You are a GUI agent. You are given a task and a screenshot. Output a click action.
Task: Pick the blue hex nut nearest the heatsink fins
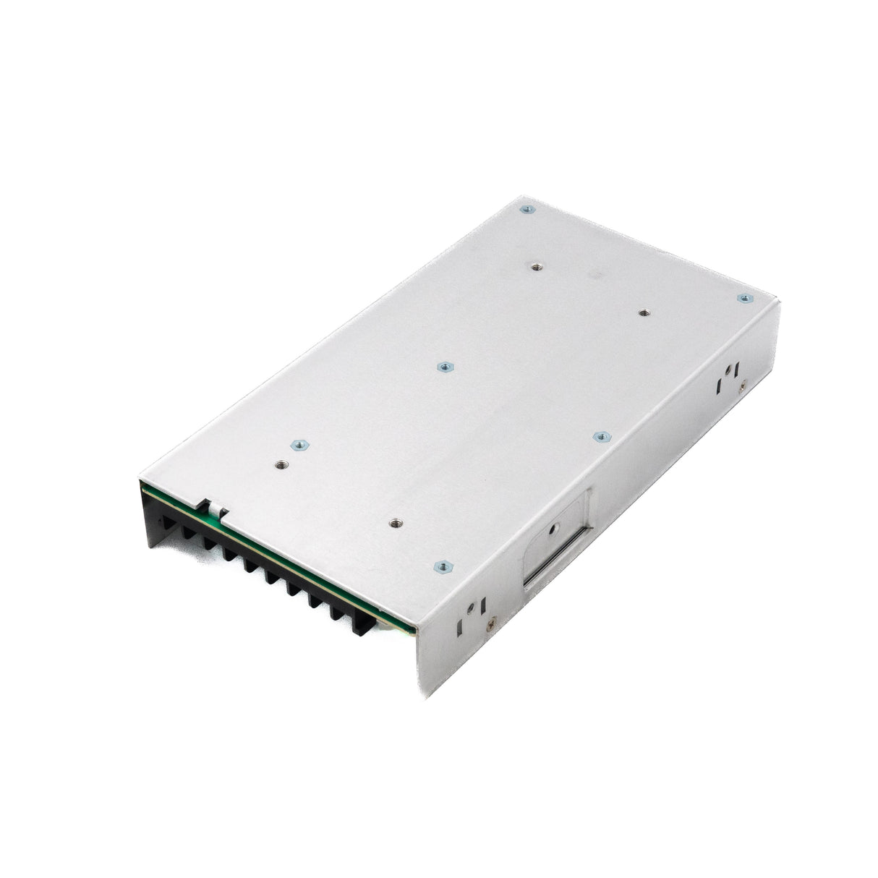tap(294, 446)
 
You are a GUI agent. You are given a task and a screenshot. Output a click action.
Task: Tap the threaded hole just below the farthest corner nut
tap(534, 266)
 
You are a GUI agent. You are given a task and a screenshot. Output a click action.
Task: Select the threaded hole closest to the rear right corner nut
tap(643, 313)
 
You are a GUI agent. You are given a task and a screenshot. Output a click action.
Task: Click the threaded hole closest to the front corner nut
tap(394, 520)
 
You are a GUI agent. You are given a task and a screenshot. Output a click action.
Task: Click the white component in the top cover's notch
tap(215, 513)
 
